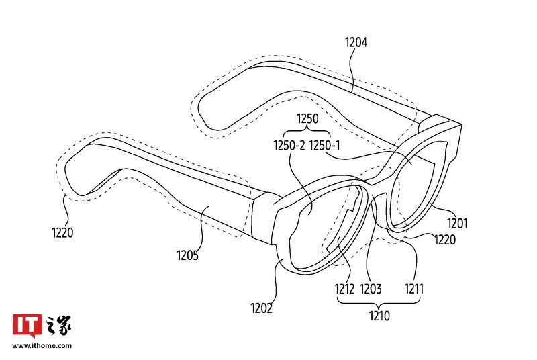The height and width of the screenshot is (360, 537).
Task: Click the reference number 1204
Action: click(x=356, y=42)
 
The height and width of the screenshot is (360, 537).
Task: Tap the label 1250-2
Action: click(x=289, y=144)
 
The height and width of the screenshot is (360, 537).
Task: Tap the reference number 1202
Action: click(x=262, y=308)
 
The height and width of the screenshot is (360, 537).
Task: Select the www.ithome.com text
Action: click(x=42, y=346)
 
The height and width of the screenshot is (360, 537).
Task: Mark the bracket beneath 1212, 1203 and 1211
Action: click(x=381, y=303)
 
